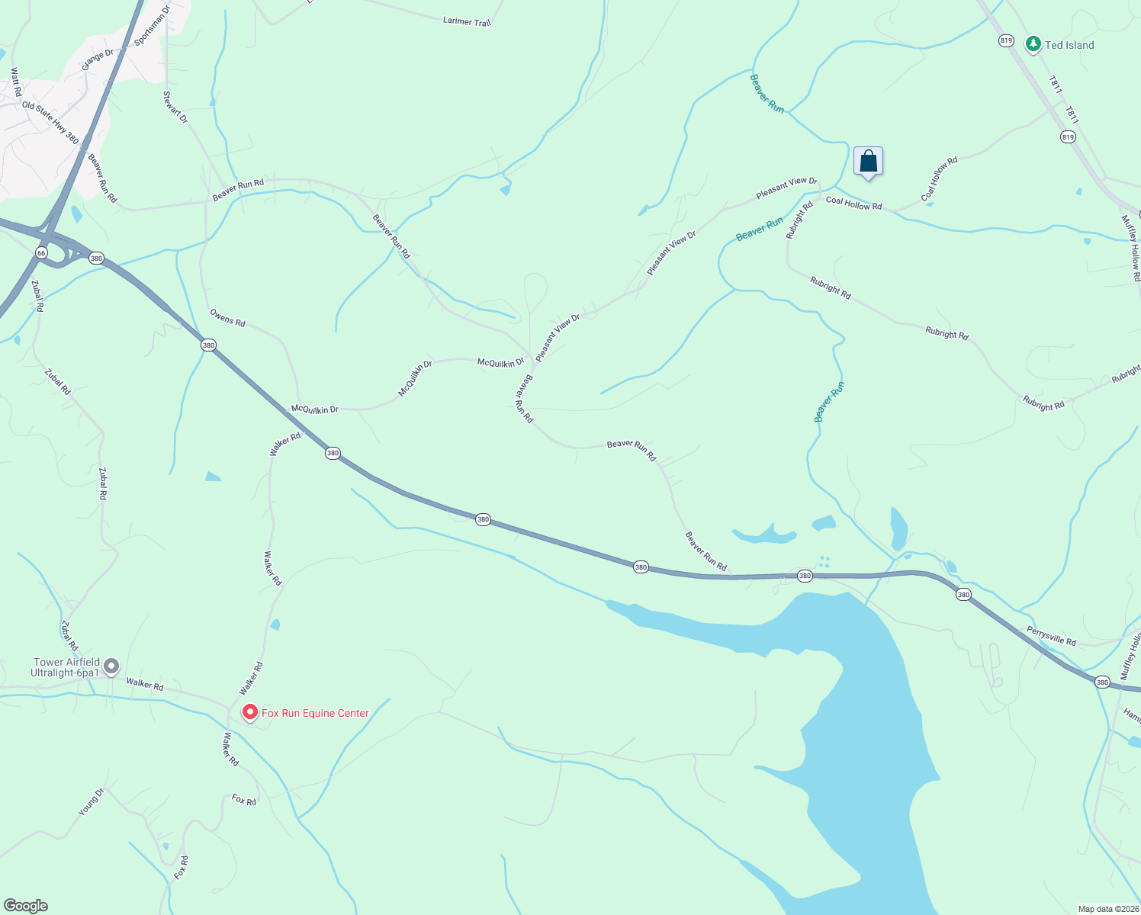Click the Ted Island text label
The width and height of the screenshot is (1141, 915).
pyautogui.click(x=1069, y=45)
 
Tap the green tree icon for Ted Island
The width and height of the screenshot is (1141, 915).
pyautogui.click(x=1033, y=44)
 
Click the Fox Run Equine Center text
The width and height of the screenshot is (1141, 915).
pyautogui.click(x=315, y=714)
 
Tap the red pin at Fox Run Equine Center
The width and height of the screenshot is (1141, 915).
pyautogui.click(x=249, y=712)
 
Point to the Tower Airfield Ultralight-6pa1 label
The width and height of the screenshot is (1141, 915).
pyautogui.click(x=65, y=668)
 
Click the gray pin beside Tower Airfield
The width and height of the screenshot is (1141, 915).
pyautogui.click(x=111, y=666)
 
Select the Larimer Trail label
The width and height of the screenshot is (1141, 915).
pyautogui.click(x=467, y=21)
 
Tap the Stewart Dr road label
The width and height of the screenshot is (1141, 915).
pyautogui.click(x=175, y=108)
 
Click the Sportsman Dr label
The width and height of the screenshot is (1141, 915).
pyautogui.click(x=152, y=26)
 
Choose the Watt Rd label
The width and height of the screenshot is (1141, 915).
pyautogui.click(x=16, y=82)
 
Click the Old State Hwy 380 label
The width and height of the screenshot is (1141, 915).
pyautogui.click(x=50, y=122)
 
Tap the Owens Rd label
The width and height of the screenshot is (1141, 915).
pyautogui.click(x=227, y=318)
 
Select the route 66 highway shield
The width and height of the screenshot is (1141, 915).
pyautogui.click(x=41, y=252)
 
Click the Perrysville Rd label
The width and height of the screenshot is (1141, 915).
pyautogui.click(x=1051, y=636)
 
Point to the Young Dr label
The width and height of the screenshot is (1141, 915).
pyautogui.click(x=90, y=802)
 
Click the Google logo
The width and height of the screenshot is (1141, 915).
pyautogui.click(x=26, y=906)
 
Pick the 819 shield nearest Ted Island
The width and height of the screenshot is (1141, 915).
pyautogui.click(x=1006, y=40)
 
